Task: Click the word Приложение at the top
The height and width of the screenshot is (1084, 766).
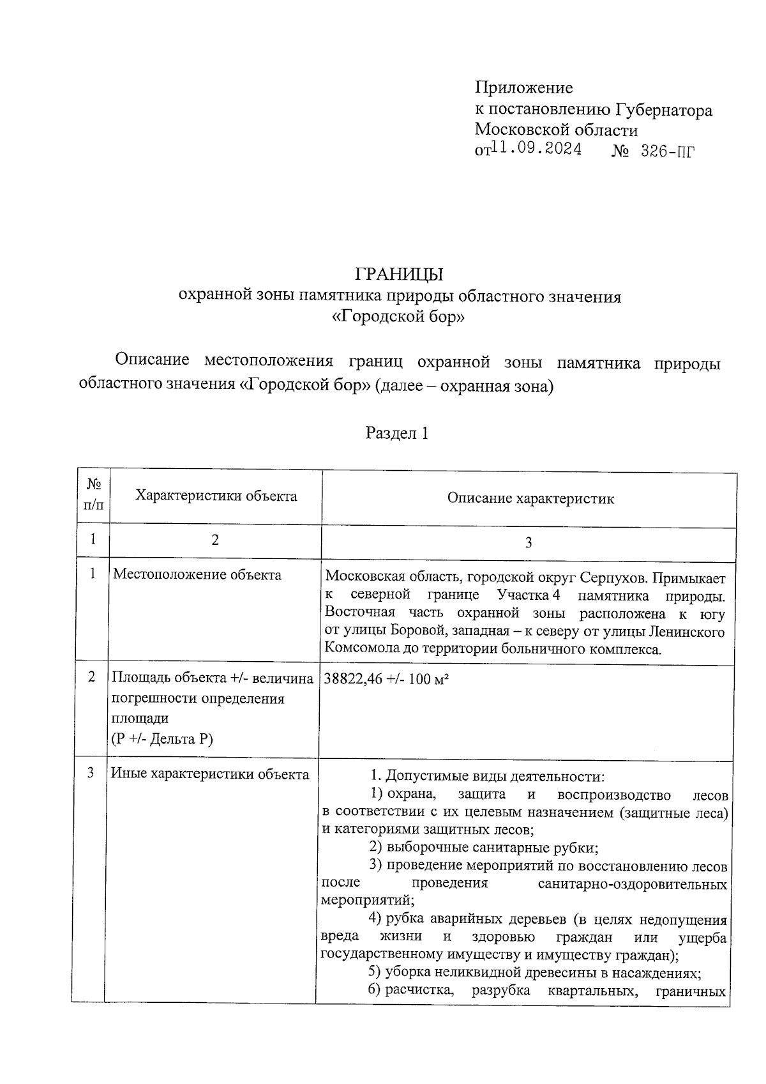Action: (523, 88)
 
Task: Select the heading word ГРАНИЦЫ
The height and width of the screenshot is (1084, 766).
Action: (399, 275)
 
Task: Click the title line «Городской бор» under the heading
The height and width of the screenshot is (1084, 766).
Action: (399, 317)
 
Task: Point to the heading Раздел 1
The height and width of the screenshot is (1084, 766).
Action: (396, 434)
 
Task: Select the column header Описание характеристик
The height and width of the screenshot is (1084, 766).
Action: (530, 499)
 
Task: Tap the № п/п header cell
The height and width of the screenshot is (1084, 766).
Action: (93, 496)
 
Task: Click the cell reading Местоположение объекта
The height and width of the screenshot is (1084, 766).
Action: (197, 575)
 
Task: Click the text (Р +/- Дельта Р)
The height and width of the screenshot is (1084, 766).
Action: (162, 739)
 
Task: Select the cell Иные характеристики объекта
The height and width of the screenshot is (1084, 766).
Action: (210, 774)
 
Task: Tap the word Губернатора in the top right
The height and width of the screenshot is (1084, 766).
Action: (664, 111)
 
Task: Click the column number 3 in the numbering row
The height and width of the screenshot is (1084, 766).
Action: (529, 543)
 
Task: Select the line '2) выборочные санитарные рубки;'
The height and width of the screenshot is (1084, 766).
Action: (483, 848)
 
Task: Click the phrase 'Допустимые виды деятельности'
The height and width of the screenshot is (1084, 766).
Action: (495, 777)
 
